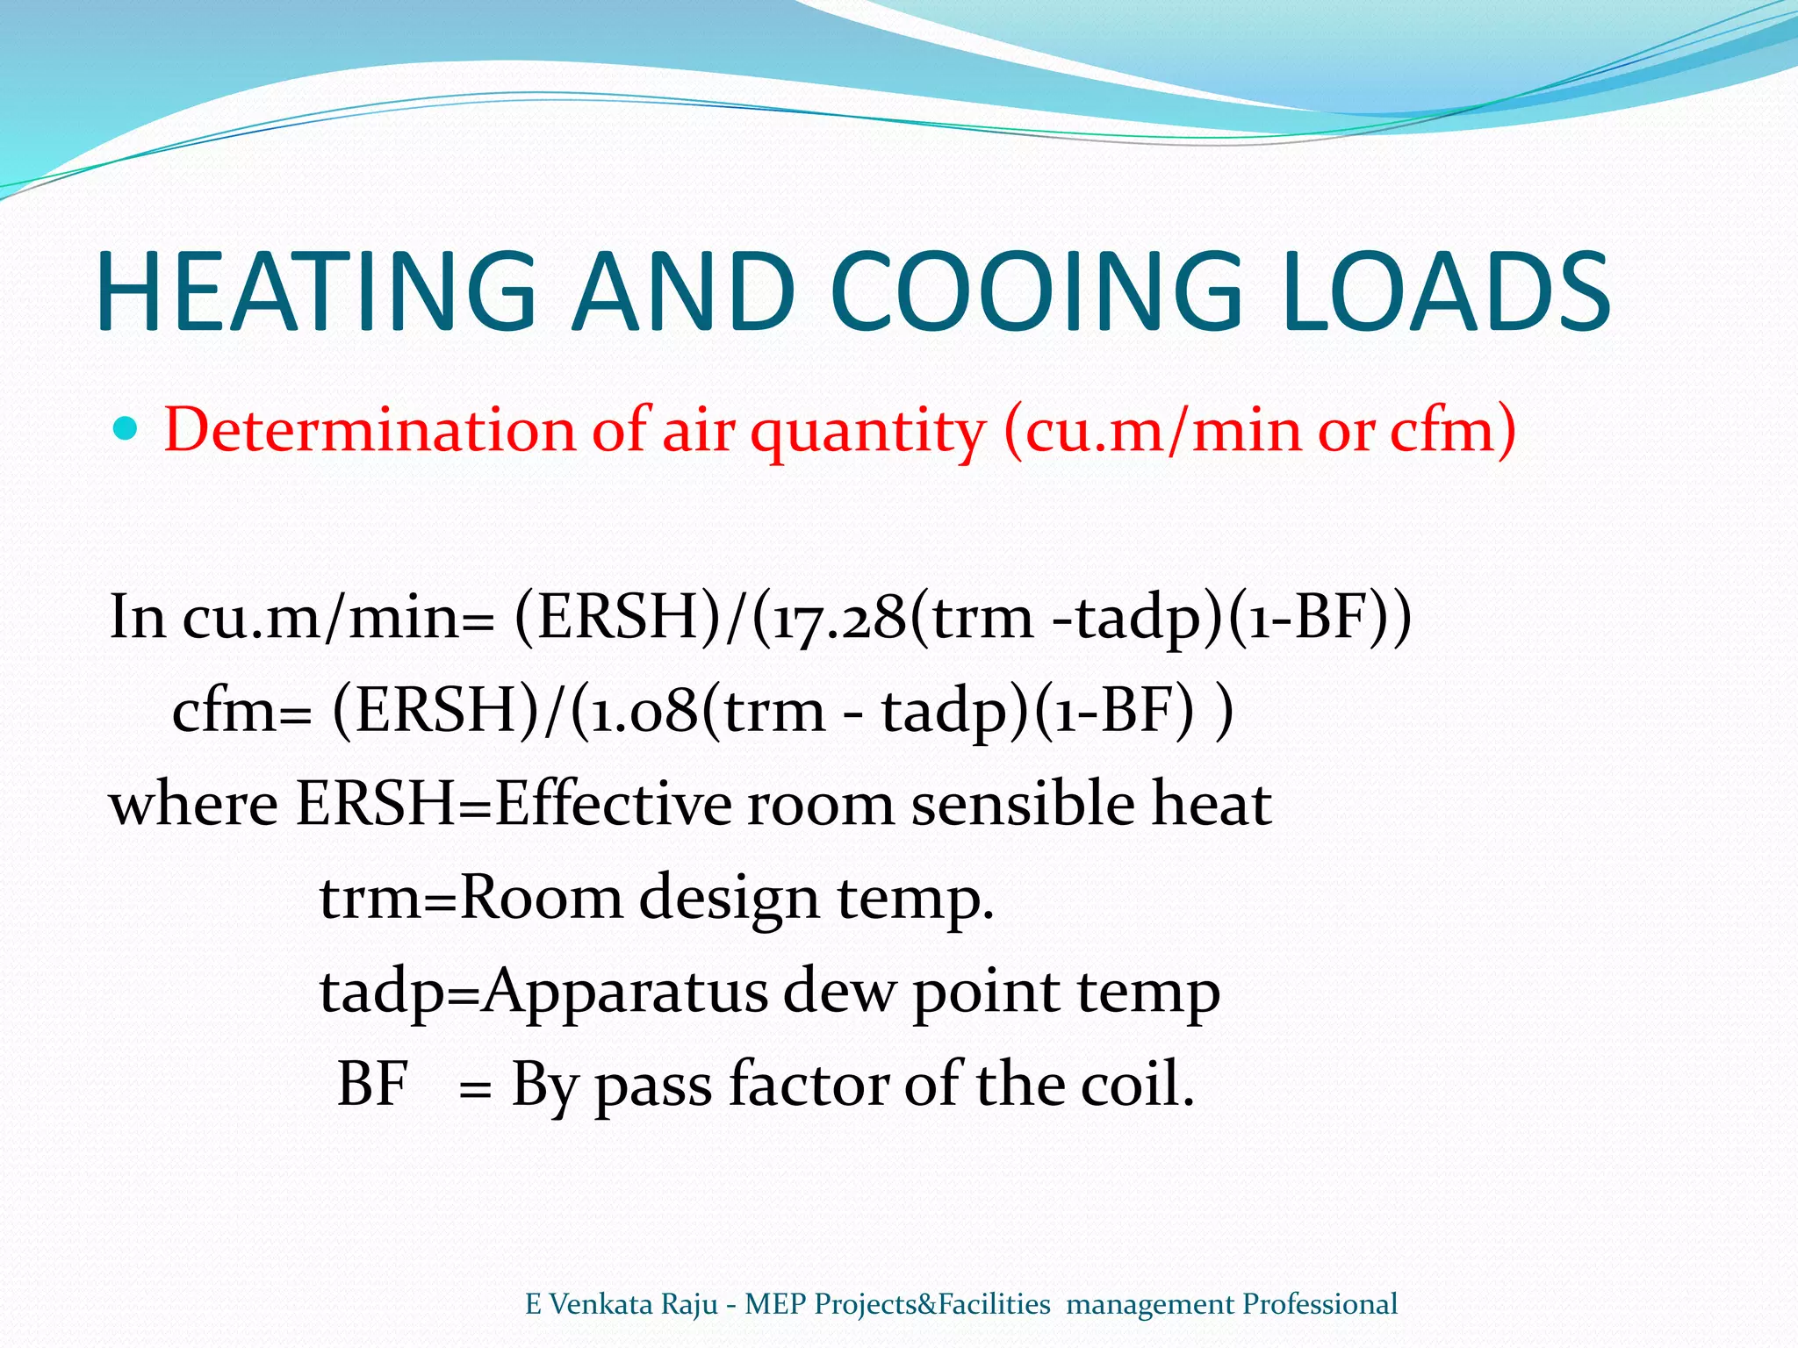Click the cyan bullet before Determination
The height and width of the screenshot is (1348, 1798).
coord(126,429)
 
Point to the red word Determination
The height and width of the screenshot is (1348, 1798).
coord(369,430)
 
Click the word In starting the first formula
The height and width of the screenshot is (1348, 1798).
coord(137,617)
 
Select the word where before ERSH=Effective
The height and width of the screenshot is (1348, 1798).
coord(193,804)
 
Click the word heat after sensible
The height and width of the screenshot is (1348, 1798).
coord(1212,804)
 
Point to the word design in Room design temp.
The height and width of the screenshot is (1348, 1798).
coord(729,899)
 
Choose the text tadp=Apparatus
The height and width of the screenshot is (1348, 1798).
coord(544,992)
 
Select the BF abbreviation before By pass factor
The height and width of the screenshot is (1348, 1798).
coord(373,1085)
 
